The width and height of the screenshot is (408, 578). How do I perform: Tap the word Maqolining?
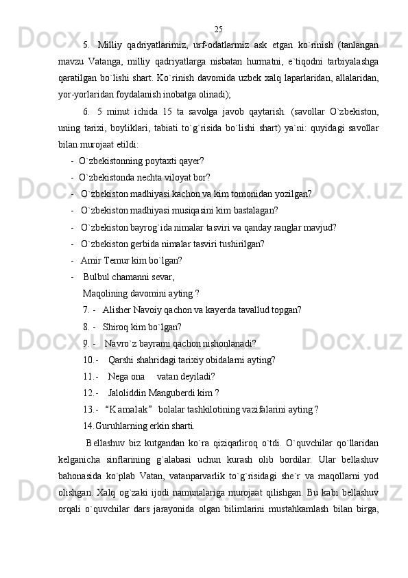104,294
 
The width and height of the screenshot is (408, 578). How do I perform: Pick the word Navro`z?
119,343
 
